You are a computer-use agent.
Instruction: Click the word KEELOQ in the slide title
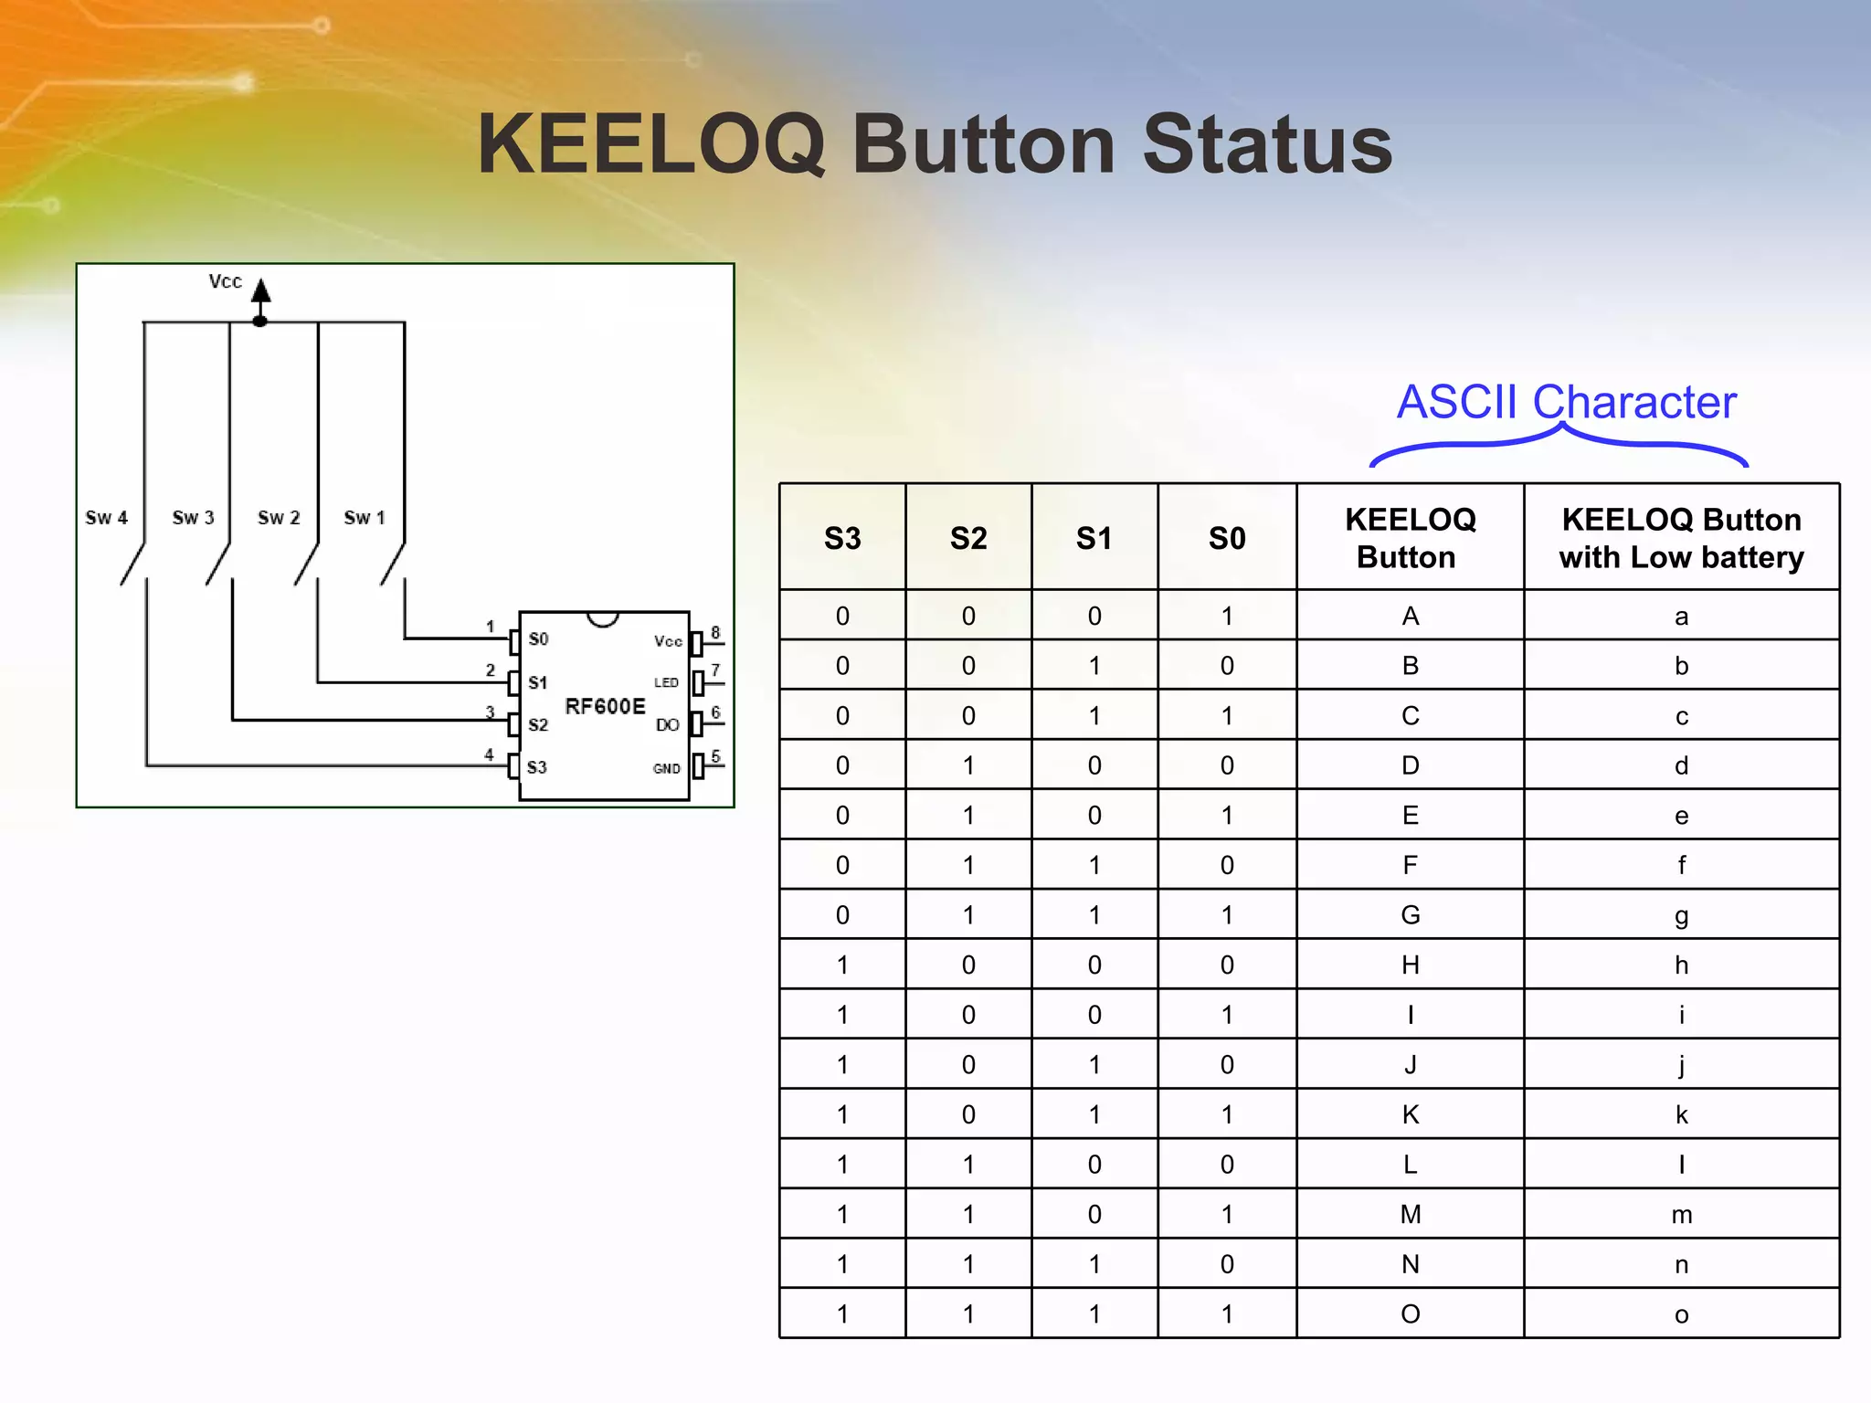click(650, 145)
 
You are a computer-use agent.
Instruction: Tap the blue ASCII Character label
click(1566, 402)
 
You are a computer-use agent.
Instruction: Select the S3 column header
click(841, 538)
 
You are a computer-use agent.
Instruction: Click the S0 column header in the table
click(1226, 538)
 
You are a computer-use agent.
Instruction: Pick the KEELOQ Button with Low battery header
click(1681, 538)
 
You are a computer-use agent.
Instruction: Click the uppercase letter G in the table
click(1410, 915)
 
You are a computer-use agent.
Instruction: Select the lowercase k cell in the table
click(1681, 1114)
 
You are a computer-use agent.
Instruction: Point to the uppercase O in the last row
click(1410, 1314)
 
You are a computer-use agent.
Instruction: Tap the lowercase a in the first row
click(1681, 617)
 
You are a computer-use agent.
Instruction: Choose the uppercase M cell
click(1410, 1215)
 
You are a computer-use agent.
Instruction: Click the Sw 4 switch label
click(106, 518)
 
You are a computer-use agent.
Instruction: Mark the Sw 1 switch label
click(365, 518)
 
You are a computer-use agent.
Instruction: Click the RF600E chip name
click(605, 706)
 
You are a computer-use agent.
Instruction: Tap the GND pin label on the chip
click(666, 769)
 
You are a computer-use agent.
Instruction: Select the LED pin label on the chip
click(666, 682)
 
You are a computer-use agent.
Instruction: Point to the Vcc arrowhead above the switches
click(261, 290)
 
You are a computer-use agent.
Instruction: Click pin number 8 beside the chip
click(715, 632)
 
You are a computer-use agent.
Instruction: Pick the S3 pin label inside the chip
click(537, 767)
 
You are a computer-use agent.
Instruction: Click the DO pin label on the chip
click(667, 725)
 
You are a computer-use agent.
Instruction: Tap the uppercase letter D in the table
click(1410, 765)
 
